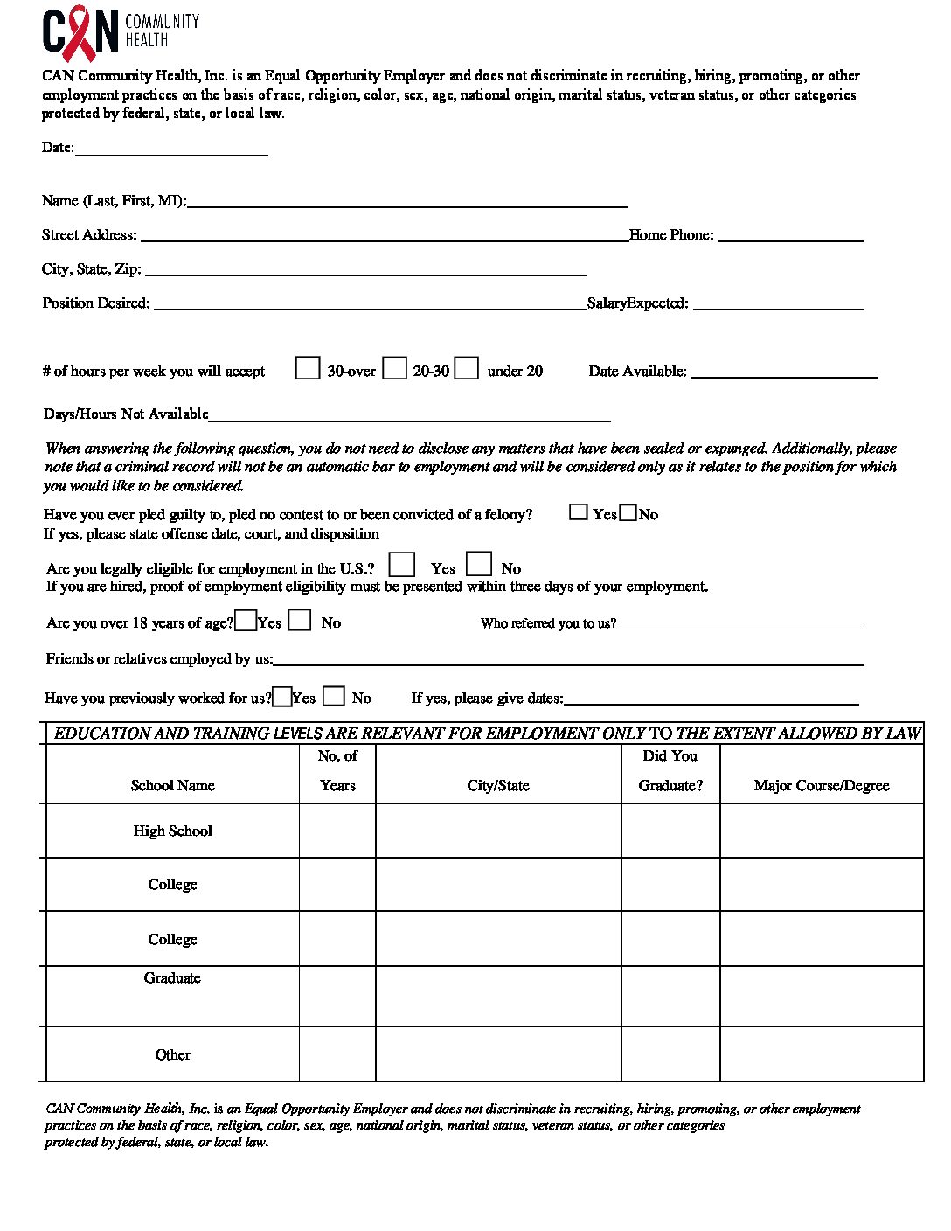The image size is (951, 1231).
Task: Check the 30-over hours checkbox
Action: tap(308, 368)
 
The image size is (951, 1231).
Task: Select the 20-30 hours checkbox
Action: tap(395, 368)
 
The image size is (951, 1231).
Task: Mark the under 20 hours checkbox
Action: tap(467, 368)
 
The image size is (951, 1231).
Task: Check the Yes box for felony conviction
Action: tap(578, 512)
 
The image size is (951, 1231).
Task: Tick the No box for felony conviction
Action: tap(628, 512)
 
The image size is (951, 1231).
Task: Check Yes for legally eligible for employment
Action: tap(402, 565)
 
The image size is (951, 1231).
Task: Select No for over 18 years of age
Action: tap(300, 620)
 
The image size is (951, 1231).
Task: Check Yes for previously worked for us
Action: tap(282, 697)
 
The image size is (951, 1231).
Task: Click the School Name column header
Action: tap(172, 785)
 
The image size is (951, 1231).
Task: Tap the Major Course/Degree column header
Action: tap(822, 785)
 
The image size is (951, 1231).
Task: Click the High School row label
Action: tap(172, 831)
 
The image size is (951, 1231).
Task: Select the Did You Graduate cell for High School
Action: tap(670, 831)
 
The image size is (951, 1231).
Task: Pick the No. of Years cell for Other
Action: tap(337, 1054)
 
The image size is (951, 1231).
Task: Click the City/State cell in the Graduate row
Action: tap(498, 996)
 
